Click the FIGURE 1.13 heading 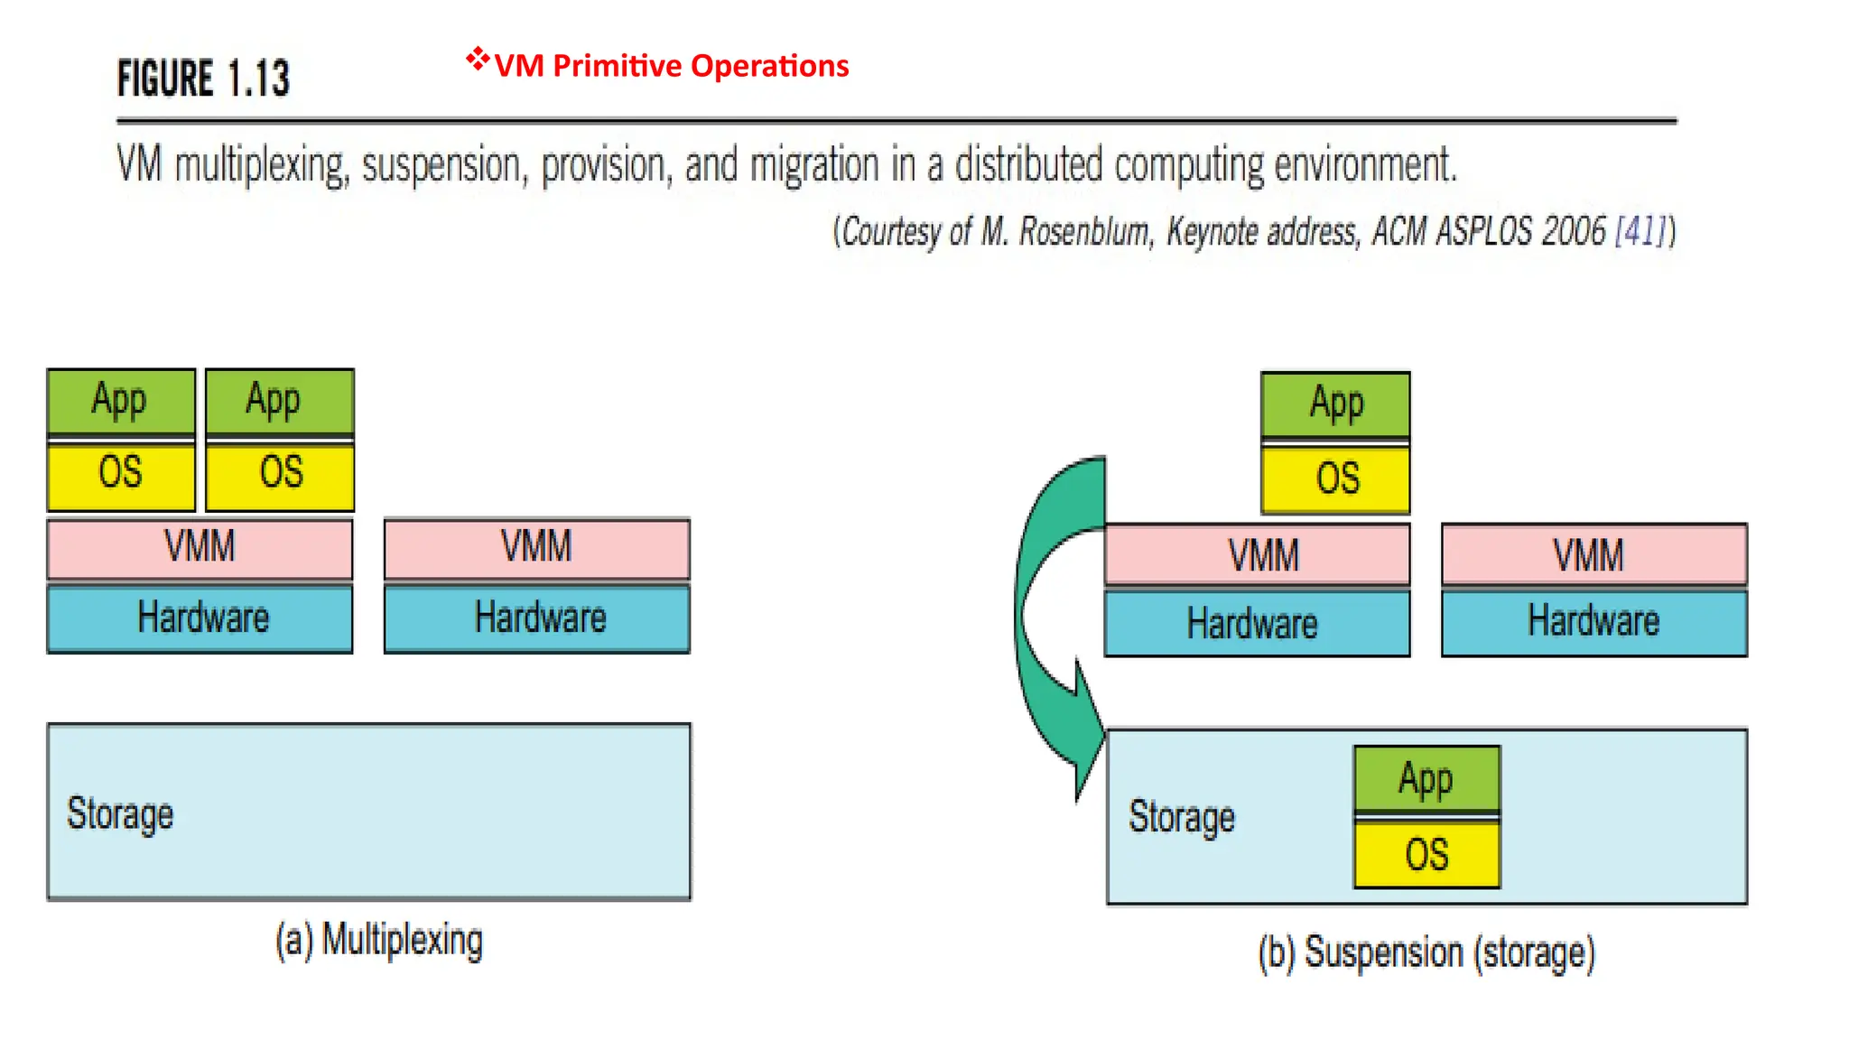(203, 79)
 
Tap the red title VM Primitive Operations (671, 66)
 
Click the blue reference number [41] (1640, 231)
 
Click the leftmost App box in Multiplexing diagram (120, 400)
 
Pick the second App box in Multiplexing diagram (279, 400)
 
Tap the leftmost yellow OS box (120, 473)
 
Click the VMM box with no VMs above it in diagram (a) (536, 547)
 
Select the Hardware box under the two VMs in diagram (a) (200, 618)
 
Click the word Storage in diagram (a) (120, 813)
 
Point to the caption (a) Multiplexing (379, 940)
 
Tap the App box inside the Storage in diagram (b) (1426, 778)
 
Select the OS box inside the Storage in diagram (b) (1426, 854)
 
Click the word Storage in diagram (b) (1181, 817)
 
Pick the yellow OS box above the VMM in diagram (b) (1335, 478)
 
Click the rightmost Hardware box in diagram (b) (1593, 622)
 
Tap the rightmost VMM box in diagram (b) (1593, 554)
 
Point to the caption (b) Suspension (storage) (1426, 953)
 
